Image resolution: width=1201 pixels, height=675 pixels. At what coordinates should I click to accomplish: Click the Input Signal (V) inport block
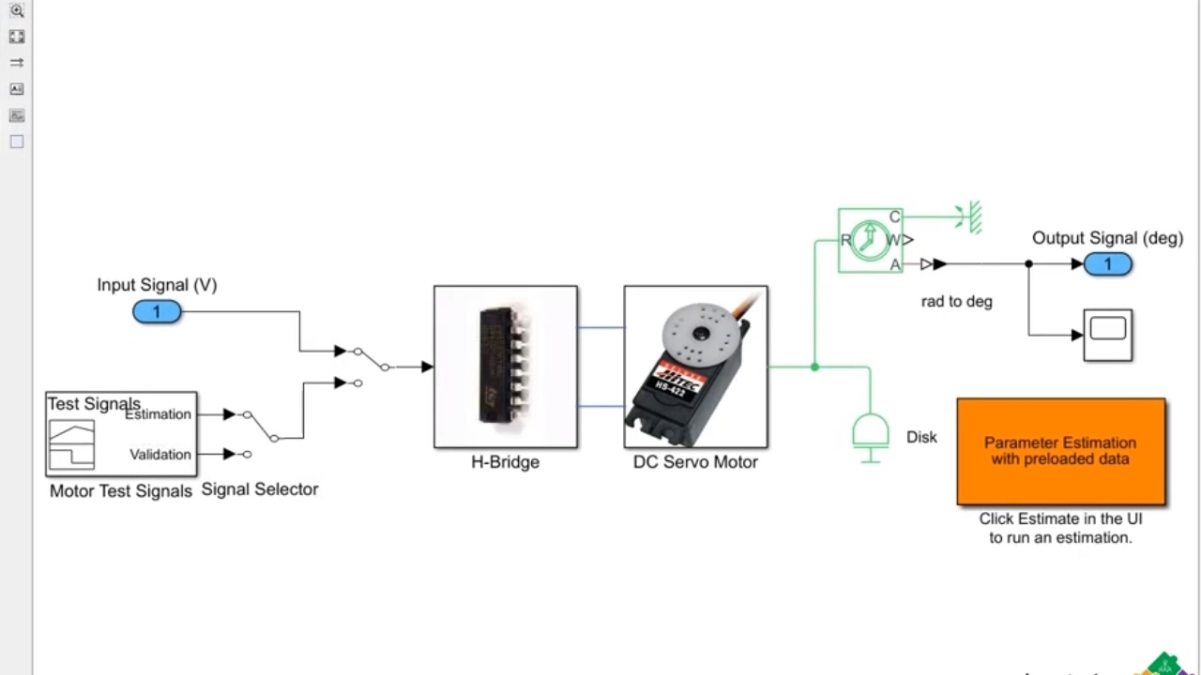[x=157, y=312]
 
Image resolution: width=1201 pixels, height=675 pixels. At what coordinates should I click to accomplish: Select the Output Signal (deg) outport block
[x=1107, y=264]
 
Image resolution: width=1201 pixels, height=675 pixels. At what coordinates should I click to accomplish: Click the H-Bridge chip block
[x=506, y=367]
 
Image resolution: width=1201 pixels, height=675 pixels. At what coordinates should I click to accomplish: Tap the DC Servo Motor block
[x=695, y=367]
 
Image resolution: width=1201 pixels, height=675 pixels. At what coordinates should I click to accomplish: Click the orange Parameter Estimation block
[x=1061, y=451]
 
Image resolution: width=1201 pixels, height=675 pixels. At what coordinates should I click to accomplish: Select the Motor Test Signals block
[x=121, y=434]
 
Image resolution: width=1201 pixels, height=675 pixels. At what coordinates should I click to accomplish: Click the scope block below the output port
[x=1107, y=334]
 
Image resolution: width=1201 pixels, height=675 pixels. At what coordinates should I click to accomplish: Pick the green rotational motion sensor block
[x=870, y=241]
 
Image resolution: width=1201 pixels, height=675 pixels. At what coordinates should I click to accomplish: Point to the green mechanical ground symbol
[x=973, y=217]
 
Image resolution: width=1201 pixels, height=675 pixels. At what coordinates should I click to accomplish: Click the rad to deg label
[x=956, y=302]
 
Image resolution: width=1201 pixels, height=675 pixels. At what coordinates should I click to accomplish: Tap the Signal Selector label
[x=260, y=489]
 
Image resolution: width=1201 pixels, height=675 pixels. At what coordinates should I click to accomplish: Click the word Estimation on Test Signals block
[x=159, y=414]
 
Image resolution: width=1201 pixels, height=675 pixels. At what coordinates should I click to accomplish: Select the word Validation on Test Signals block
[x=160, y=455]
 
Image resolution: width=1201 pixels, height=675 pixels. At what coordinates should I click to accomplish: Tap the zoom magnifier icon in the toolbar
[x=17, y=11]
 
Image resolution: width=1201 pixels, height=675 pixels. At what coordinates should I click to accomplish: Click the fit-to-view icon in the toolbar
[x=17, y=37]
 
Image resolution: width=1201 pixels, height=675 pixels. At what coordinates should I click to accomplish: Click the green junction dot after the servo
[x=814, y=367]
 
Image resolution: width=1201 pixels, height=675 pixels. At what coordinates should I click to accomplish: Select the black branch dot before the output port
[x=1028, y=264]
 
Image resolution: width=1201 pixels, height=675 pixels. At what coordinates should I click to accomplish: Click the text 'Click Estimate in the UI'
[x=1060, y=518]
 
